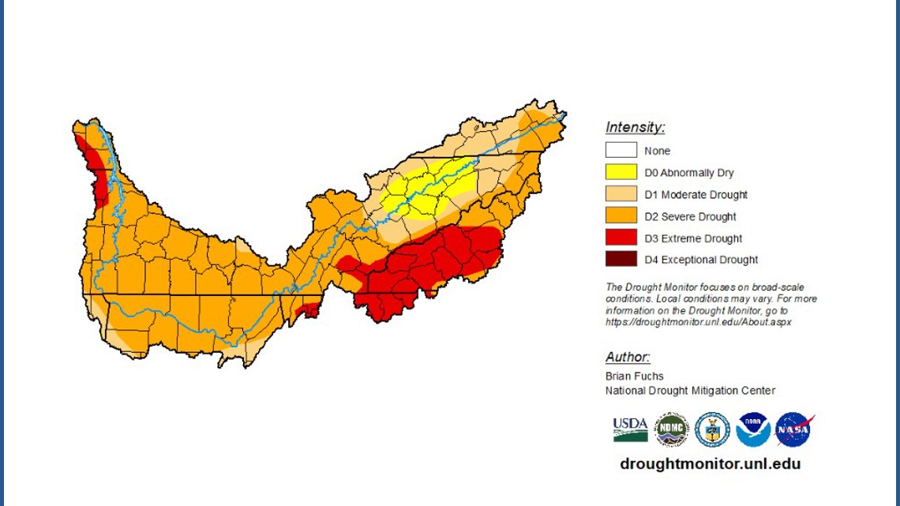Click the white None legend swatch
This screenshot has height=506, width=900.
pyautogui.click(x=621, y=150)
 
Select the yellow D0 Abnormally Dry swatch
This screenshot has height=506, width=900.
pyautogui.click(x=621, y=172)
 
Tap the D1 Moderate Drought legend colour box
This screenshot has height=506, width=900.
pyautogui.click(x=621, y=194)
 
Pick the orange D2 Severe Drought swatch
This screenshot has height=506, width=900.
pyautogui.click(x=621, y=216)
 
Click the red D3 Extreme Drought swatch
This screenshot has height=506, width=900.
pyautogui.click(x=621, y=238)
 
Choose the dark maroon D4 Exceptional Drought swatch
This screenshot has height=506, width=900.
pyautogui.click(x=621, y=260)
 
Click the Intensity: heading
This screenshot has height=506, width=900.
pyautogui.click(x=635, y=127)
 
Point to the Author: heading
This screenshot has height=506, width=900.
pyautogui.click(x=628, y=357)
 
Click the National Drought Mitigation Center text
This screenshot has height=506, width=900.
pyautogui.click(x=690, y=391)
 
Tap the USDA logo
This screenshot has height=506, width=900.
pyautogui.click(x=630, y=429)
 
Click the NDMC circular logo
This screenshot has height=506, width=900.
pyautogui.click(x=671, y=429)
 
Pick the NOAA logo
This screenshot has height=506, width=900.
pyautogui.click(x=752, y=429)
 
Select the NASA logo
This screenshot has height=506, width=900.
pyautogui.click(x=793, y=429)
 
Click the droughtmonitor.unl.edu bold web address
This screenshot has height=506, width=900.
pyautogui.click(x=710, y=463)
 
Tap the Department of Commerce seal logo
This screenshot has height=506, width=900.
pyautogui.click(x=712, y=429)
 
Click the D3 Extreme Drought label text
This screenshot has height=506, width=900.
pyautogui.click(x=693, y=238)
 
